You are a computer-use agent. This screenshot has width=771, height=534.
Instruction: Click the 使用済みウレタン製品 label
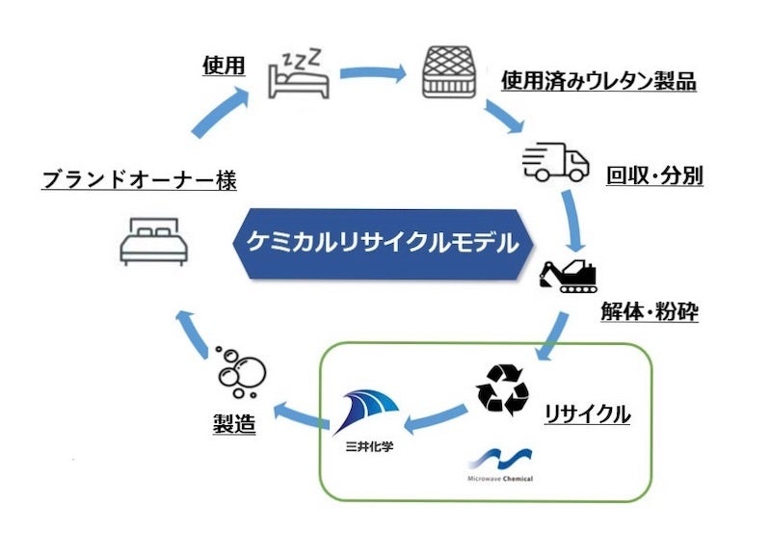click(598, 81)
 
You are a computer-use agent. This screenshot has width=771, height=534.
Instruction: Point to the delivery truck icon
click(556, 163)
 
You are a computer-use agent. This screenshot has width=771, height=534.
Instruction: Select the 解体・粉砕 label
click(655, 313)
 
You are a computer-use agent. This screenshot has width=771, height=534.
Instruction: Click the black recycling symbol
click(502, 390)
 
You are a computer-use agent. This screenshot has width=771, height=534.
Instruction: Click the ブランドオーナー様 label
click(140, 179)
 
